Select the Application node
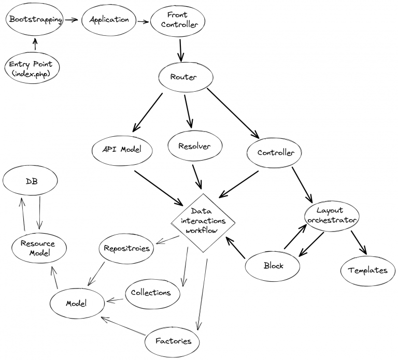pyautogui.click(x=109, y=20)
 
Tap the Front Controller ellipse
pyautogui.click(x=177, y=20)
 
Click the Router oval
pyautogui.click(x=184, y=78)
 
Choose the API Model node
pyautogui.click(x=122, y=149)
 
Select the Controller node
pyautogui.click(x=276, y=153)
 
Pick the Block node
pyautogui.click(x=273, y=266)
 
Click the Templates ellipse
pyautogui.click(x=367, y=270)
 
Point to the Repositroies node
pyautogui.click(x=126, y=248)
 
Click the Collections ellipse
pyautogui.click(x=151, y=293)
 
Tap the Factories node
pyautogui.click(x=174, y=341)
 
